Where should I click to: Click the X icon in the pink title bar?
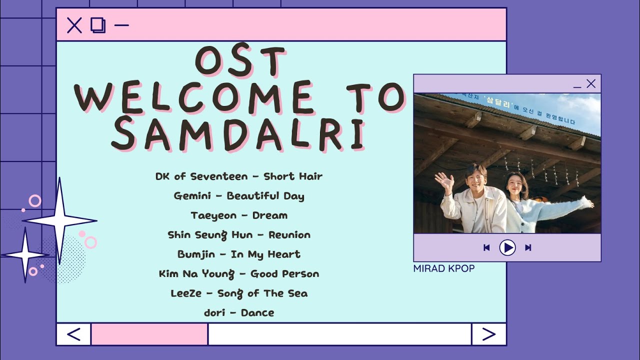point(74,25)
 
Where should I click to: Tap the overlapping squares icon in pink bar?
point(98,25)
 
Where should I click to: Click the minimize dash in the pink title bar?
point(121,25)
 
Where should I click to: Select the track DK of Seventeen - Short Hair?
point(239,176)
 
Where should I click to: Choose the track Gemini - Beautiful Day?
point(239,196)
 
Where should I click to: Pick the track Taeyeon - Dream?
point(239,215)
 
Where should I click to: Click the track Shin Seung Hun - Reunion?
point(239,235)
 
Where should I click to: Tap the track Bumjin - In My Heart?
point(239,254)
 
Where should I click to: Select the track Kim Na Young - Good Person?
point(239,274)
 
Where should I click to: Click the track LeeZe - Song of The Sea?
point(239,293)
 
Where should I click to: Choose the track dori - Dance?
point(239,313)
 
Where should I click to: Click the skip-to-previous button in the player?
point(486,247)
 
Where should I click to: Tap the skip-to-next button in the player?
point(528,247)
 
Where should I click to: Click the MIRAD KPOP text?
point(444,268)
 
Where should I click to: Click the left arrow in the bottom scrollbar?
point(73,334)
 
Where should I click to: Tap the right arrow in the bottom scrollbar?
point(488,334)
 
